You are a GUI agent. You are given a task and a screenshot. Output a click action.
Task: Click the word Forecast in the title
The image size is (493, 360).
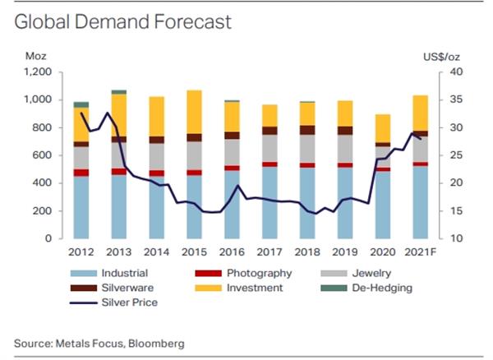click(192, 22)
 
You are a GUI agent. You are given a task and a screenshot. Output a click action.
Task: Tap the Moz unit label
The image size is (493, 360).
click(36, 56)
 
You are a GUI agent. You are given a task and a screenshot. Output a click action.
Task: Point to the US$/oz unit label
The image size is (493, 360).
click(441, 57)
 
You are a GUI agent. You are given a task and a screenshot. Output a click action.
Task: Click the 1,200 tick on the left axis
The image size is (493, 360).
click(38, 72)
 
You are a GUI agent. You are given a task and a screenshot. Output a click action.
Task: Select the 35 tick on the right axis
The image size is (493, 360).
click(456, 99)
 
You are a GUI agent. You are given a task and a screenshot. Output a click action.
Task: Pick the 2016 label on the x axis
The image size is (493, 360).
click(232, 252)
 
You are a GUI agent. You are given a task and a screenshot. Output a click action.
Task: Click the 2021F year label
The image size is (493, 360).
click(421, 252)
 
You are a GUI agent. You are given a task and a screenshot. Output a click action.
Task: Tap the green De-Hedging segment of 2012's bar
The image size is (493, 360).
click(81, 104)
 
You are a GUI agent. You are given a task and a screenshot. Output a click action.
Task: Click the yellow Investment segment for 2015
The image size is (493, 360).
click(194, 112)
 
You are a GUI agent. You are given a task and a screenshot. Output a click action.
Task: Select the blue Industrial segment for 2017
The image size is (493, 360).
click(270, 202)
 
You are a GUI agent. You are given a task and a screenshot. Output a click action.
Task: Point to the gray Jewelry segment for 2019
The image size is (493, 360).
click(345, 149)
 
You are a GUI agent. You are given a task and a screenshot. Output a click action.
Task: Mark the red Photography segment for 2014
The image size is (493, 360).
click(157, 173)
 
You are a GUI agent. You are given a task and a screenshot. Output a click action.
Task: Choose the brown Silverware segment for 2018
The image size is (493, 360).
click(307, 130)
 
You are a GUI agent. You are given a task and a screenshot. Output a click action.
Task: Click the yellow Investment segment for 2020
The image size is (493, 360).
click(383, 128)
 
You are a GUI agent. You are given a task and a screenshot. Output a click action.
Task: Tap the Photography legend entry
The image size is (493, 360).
click(243, 273)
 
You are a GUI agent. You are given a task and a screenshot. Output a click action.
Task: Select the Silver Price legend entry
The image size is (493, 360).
click(114, 302)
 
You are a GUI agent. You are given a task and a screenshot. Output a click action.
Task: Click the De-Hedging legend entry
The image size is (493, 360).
click(366, 288)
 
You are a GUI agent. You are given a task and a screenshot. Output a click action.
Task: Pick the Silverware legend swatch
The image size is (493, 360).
click(84, 288)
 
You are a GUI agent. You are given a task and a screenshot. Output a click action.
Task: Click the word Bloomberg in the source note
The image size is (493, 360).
click(156, 344)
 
